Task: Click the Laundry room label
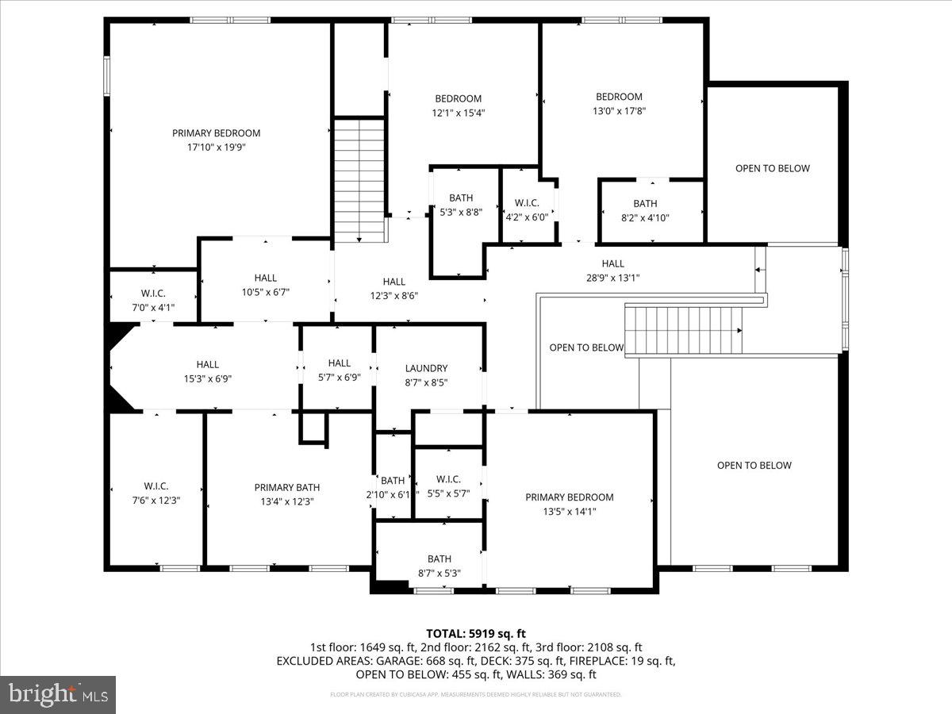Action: pyautogui.click(x=426, y=368)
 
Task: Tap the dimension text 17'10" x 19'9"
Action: pyautogui.click(x=216, y=147)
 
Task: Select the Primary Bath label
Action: pyautogui.click(x=286, y=487)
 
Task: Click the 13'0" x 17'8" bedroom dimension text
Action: pyautogui.click(x=619, y=111)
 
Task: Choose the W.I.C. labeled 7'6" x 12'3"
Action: pyautogui.click(x=155, y=493)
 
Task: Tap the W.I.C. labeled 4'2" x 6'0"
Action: pyautogui.click(x=527, y=209)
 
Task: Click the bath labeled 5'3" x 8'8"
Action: pyautogui.click(x=460, y=205)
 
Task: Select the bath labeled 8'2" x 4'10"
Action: pyautogui.click(x=644, y=210)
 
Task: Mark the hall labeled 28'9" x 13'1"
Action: pyautogui.click(x=612, y=271)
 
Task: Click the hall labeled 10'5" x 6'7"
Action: pyautogui.click(x=265, y=284)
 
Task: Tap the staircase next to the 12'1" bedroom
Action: pyautogui.click(x=359, y=180)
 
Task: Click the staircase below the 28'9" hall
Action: pyautogui.click(x=683, y=329)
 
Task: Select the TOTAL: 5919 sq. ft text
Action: pyautogui.click(x=475, y=633)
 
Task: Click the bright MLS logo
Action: pyautogui.click(x=58, y=695)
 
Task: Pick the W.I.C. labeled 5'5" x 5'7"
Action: pyautogui.click(x=448, y=486)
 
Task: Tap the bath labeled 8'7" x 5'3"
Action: pyautogui.click(x=439, y=566)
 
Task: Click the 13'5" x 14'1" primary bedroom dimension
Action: pyautogui.click(x=569, y=512)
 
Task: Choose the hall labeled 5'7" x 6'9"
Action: pyautogui.click(x=339, y=370)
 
